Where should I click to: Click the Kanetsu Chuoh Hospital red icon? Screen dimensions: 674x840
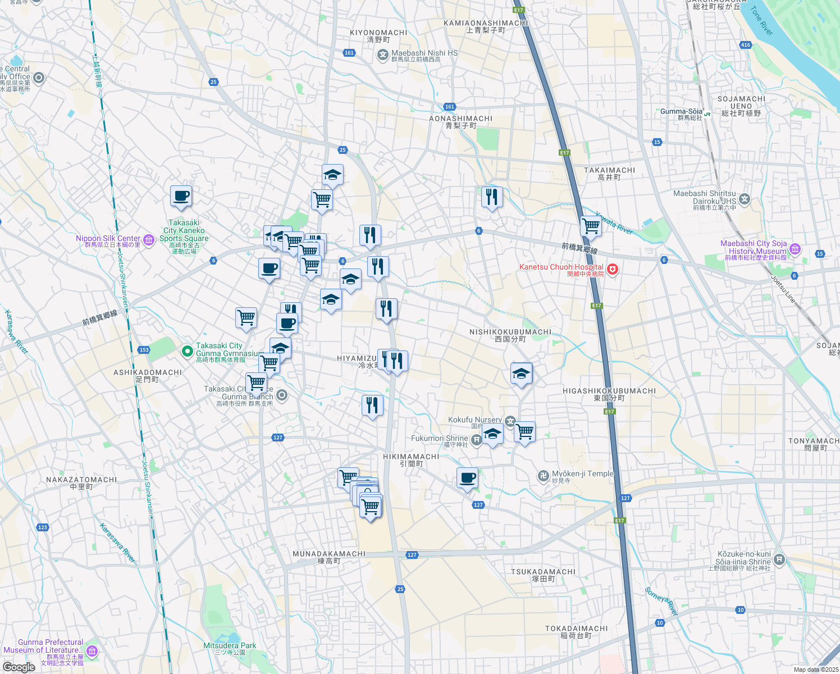click(x=613, y=270)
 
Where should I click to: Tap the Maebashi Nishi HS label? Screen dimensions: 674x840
click(x=424, y=53)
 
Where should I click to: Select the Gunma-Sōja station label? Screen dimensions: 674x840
click(x=681, y=112)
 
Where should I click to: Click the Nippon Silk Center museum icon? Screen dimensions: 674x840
click(x=149, y=240)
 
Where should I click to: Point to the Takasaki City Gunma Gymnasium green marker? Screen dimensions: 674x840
click(x=187, y=352)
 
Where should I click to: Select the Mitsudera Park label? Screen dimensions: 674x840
click(x=230, y=646)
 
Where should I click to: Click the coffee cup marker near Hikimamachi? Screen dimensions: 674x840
click(x=467, y=479)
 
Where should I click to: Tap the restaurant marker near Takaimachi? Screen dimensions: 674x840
click(x=492, y=197)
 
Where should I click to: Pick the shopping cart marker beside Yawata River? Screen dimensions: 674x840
click(x=591, y=226)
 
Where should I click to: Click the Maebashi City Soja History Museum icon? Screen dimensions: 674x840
click(x=795, y=249)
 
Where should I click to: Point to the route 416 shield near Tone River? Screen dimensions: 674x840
click(x=746, y=45)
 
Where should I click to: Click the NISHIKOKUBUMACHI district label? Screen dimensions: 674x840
click(x=510, y=332)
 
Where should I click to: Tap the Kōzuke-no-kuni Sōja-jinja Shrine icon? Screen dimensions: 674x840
click(x=779, y=559)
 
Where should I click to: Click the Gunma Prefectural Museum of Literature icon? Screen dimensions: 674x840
click(x=92, y=652)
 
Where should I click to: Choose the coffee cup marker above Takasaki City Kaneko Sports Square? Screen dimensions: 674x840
click(x=181, y=197)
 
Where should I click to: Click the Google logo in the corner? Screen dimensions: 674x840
click(x=19, y=667)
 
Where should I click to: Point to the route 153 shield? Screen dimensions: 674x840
click(x=144, y=350)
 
